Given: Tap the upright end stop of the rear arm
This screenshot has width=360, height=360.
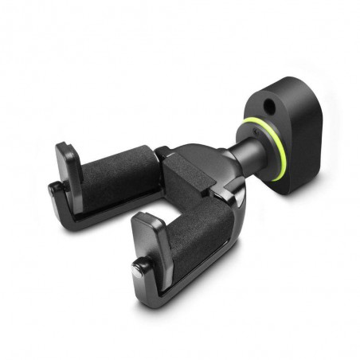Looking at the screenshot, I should [69, 162].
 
